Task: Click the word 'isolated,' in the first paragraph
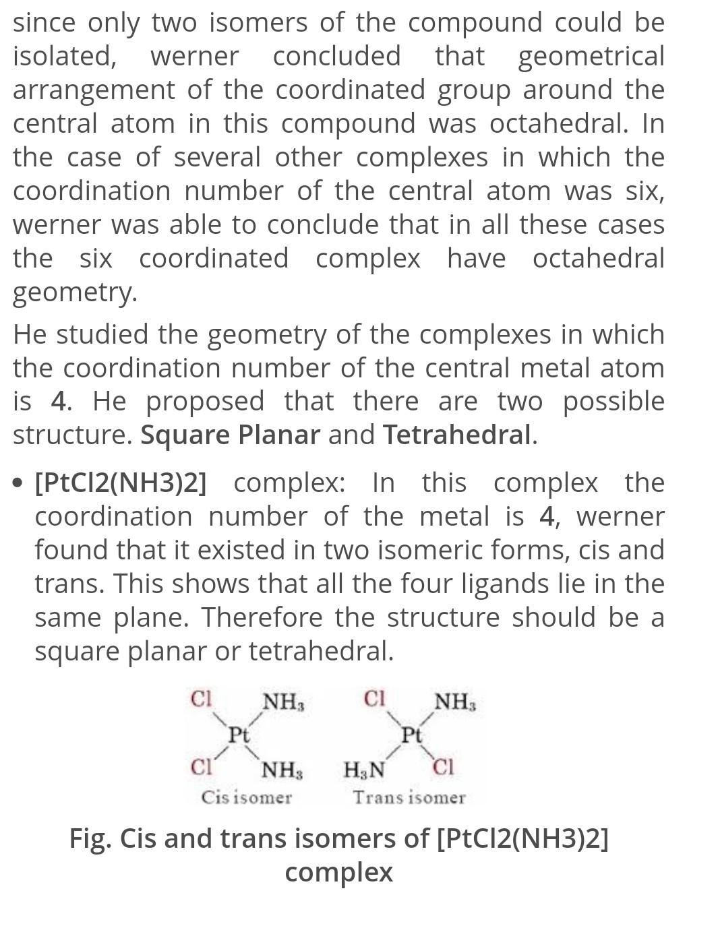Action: click(x=64, y=57)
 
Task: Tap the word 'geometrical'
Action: click(x=591, y=57)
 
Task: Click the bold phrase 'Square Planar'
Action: click(x=230, y=435)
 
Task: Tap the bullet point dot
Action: click(x=20, y=483)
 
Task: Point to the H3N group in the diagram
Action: click(x=364, y=769)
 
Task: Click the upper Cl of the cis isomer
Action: click(x=201, y=699)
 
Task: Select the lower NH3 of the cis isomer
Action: click(x=282, y=769)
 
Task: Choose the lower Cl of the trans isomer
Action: click(x=444, y=768)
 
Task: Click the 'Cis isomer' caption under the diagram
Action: click(x=246, y=798)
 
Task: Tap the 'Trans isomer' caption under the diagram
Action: click(x=409, y=798)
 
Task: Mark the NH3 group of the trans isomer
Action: click(x=455, y=702)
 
